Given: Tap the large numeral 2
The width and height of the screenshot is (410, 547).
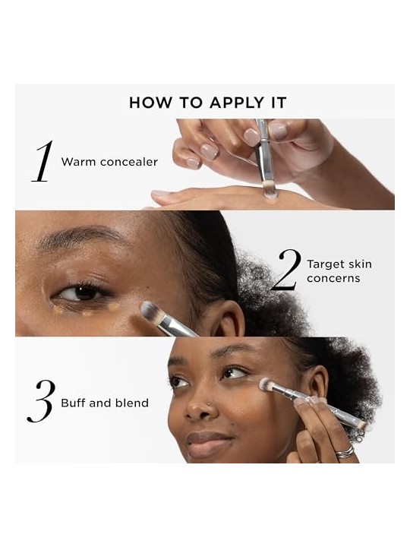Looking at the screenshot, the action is [286, 269].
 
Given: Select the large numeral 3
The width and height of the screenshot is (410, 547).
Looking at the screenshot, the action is [41, 401].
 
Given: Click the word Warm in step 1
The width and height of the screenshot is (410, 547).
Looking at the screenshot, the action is [78, 162].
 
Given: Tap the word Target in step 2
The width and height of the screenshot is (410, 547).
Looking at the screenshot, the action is [326, 264].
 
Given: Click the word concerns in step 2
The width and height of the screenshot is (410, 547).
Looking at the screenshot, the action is [333, 278].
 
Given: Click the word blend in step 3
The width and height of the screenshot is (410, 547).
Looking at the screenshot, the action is [131, 403].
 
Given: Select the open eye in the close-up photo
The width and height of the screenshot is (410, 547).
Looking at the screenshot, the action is [80, 293].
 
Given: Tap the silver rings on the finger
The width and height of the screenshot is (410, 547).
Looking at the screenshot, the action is [345, 451].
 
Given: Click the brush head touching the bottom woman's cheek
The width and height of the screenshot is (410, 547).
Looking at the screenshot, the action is [266, 384].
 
